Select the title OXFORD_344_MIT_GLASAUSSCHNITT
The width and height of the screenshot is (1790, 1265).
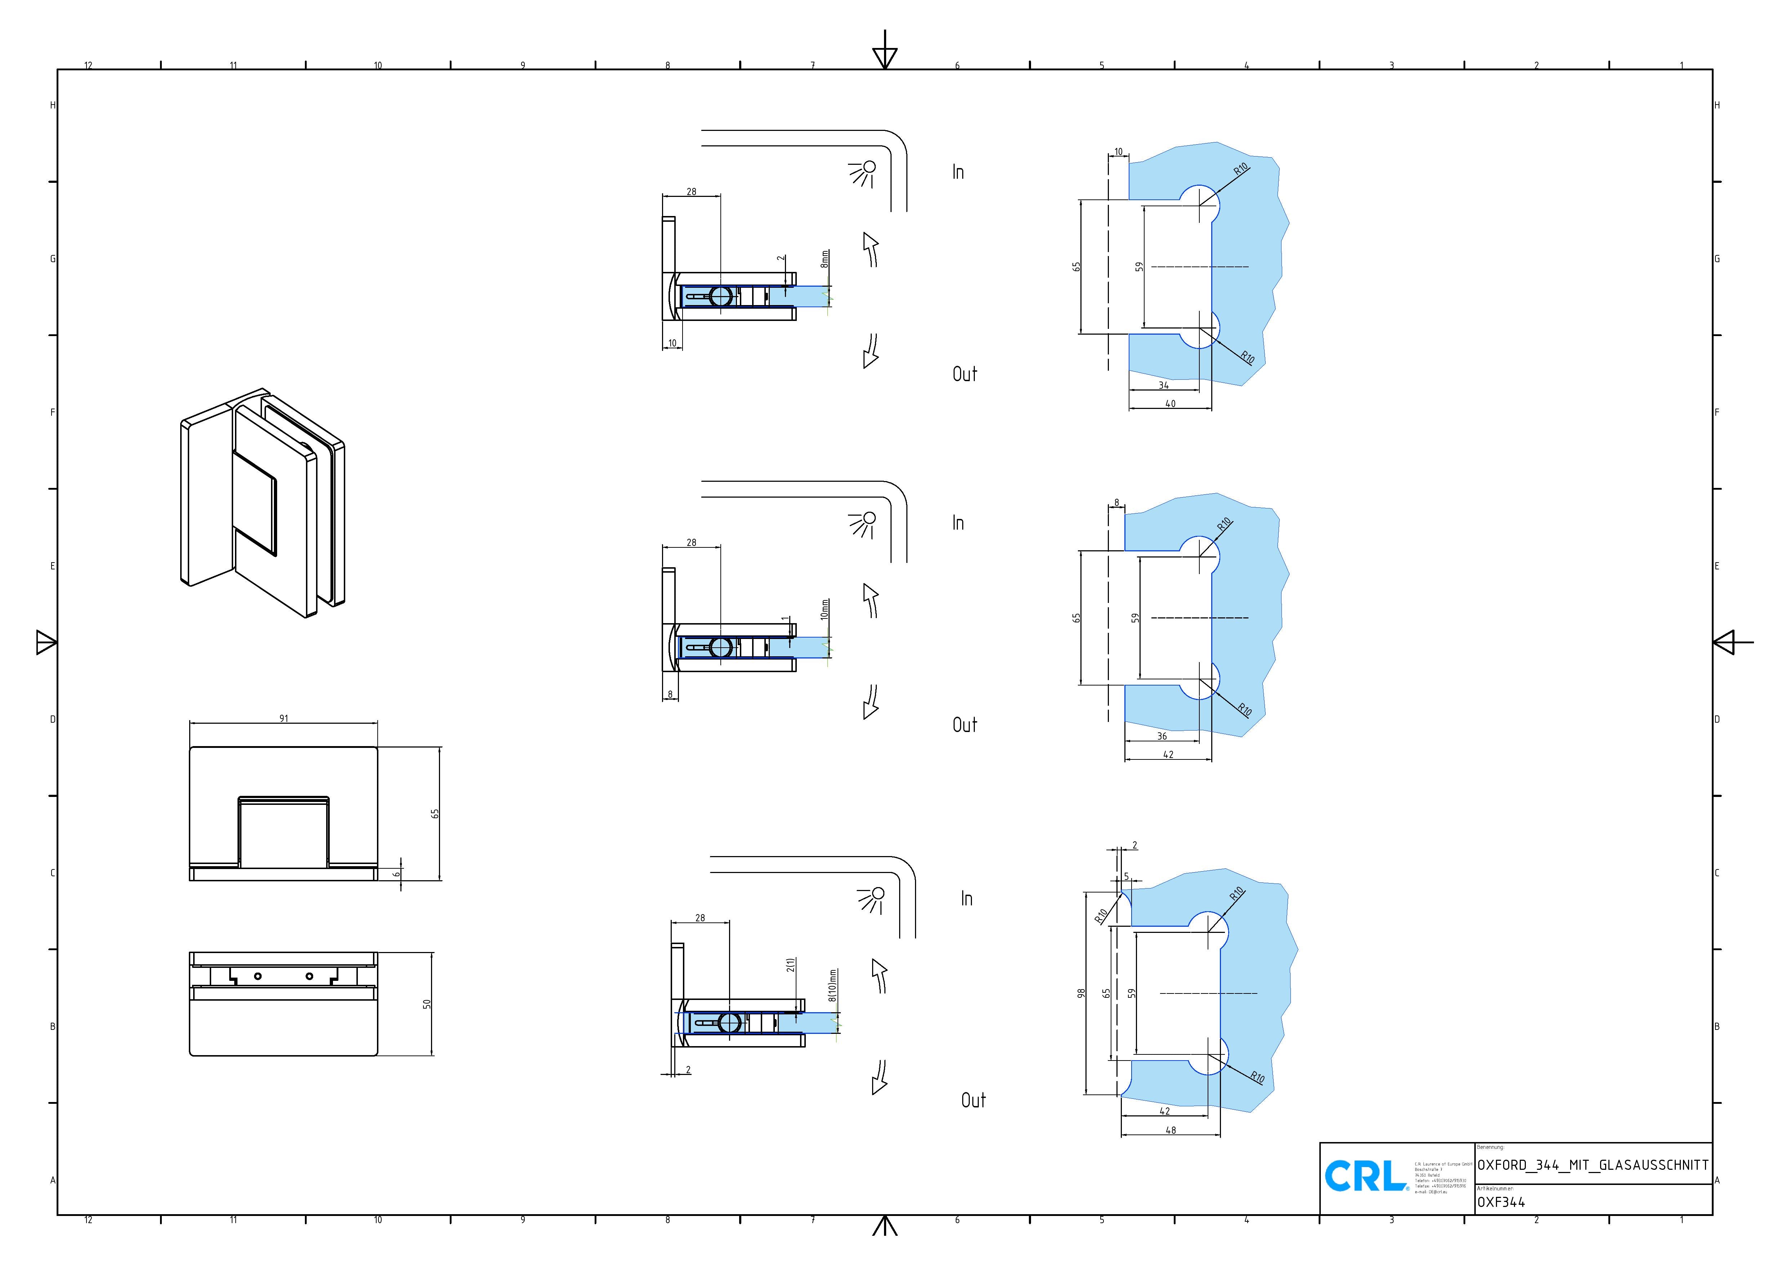click(x=1593, y=1165)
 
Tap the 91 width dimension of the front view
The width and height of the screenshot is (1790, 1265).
click(x=284, y=718)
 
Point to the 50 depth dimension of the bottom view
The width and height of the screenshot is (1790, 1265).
click(x=426, y=1004)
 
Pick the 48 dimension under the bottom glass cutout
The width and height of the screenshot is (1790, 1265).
click(x=1170, y=1129)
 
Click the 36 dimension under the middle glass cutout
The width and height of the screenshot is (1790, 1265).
click(x=1161, y=736)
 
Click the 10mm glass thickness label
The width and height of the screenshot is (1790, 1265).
click(x=825, y=609)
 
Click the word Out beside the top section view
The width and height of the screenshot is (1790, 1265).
click(x=964, y=374)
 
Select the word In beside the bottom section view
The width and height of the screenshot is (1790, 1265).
click(x=967, y=899)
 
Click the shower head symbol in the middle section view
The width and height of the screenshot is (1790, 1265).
click(x=862, y=525)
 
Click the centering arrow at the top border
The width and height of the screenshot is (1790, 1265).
click(x=885, y=54)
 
